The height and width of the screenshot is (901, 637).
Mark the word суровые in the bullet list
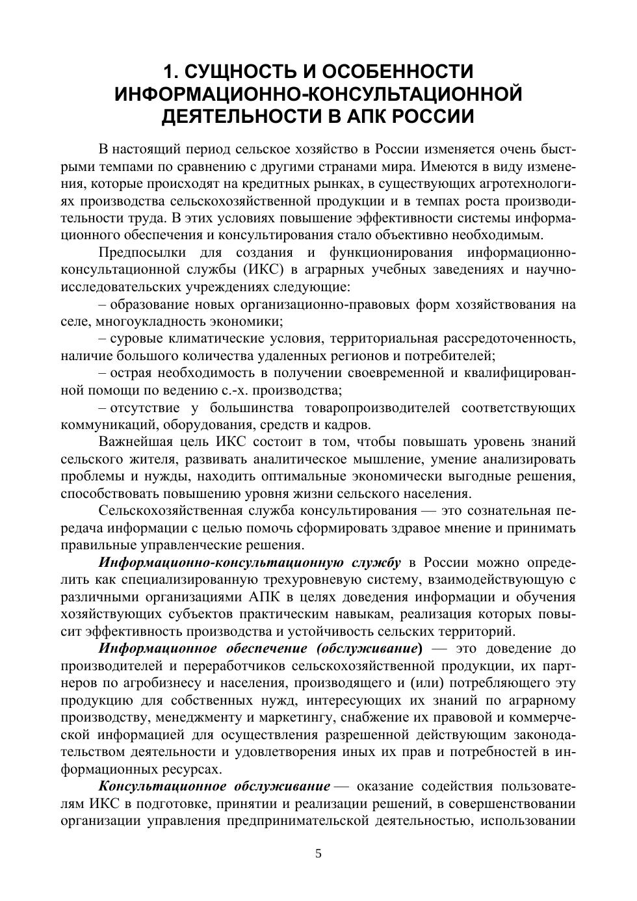(x=136, y=339)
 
